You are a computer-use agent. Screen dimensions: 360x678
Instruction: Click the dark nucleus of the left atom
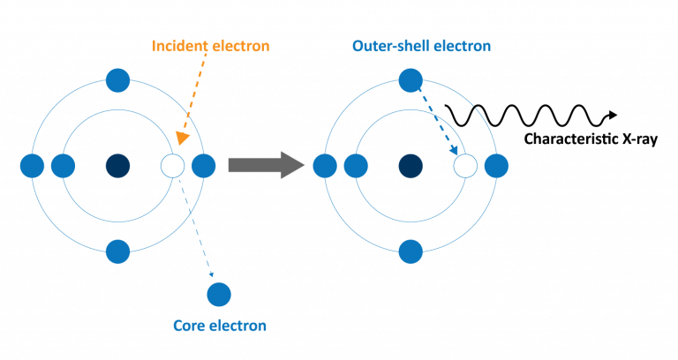(117, 165)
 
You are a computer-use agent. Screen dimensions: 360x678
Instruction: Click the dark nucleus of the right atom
(410, 165)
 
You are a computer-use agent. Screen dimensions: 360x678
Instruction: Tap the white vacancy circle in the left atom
(173, 165)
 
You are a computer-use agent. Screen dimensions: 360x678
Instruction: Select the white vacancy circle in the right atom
(464, 165)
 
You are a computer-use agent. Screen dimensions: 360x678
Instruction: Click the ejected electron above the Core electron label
(219, 293)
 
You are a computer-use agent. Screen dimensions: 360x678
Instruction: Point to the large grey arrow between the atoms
(266, 165)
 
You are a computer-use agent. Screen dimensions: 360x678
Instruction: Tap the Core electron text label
(219, 326)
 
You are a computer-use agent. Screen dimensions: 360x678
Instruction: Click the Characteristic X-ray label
(590, 139)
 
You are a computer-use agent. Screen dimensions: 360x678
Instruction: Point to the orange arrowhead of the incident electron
(181, 138)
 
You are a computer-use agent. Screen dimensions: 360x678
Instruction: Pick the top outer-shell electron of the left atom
(117, 80)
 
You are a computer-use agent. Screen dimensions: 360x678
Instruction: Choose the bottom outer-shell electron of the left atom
(117, 251)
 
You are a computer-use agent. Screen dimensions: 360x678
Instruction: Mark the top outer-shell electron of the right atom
(410, 80)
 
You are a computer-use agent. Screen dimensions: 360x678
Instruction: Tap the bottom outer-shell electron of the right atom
(410, 251)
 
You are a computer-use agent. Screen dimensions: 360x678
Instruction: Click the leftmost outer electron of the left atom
(32, 165)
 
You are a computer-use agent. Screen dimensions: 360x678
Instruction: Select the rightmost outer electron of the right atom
(495, 165)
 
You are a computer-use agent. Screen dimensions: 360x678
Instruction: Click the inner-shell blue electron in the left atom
(63, 165)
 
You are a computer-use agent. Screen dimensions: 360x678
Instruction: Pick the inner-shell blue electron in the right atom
(355, 165)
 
